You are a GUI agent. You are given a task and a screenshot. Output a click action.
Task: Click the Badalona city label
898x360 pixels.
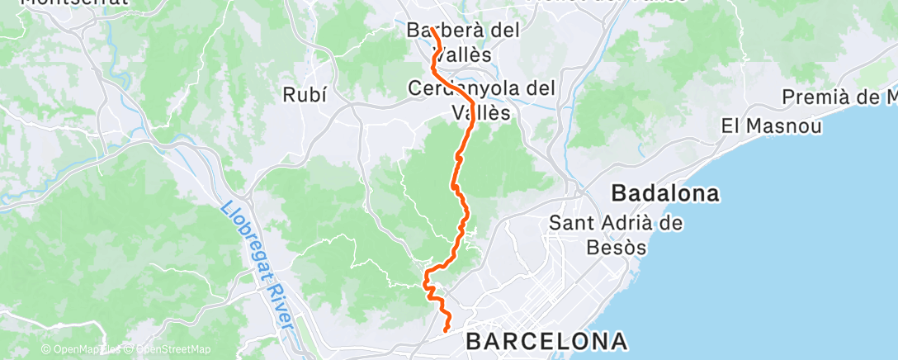click(x=664, y=194)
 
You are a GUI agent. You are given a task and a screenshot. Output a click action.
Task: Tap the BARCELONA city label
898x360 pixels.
click(x=546, y=340)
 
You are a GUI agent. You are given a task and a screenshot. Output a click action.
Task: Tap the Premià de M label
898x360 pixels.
click(x=839, y=98)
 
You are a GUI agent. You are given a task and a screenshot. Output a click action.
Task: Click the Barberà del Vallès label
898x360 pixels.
click(x=464, y=42)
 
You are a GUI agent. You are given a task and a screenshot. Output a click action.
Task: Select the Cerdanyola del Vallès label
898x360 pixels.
click(x=482, y=99)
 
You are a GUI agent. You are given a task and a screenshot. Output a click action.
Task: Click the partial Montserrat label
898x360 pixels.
click(x=74, y=2)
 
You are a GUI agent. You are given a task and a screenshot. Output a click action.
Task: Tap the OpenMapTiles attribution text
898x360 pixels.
click(x=80, y=348)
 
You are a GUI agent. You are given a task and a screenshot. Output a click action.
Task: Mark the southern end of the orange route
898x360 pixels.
click(x=447, y=330)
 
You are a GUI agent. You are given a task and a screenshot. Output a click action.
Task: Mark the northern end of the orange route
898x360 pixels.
click(x=431, y=29)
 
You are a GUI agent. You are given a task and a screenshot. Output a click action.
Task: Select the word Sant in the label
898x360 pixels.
click(x=567, y=222)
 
